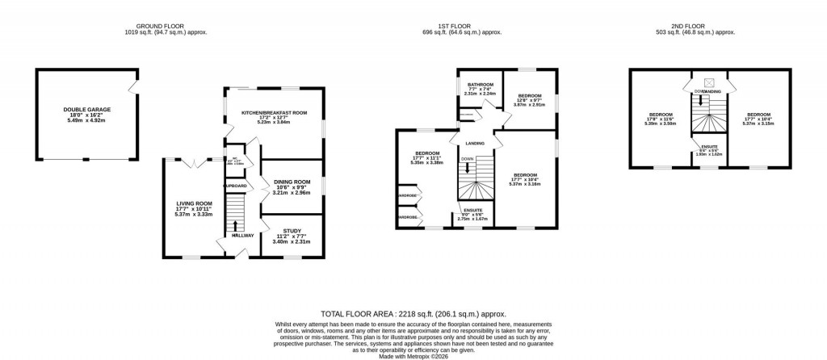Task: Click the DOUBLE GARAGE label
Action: [87, 109]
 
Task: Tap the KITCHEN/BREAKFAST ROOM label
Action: [275, 113]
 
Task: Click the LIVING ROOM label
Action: [194, 203]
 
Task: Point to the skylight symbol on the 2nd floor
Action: [710, 82]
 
